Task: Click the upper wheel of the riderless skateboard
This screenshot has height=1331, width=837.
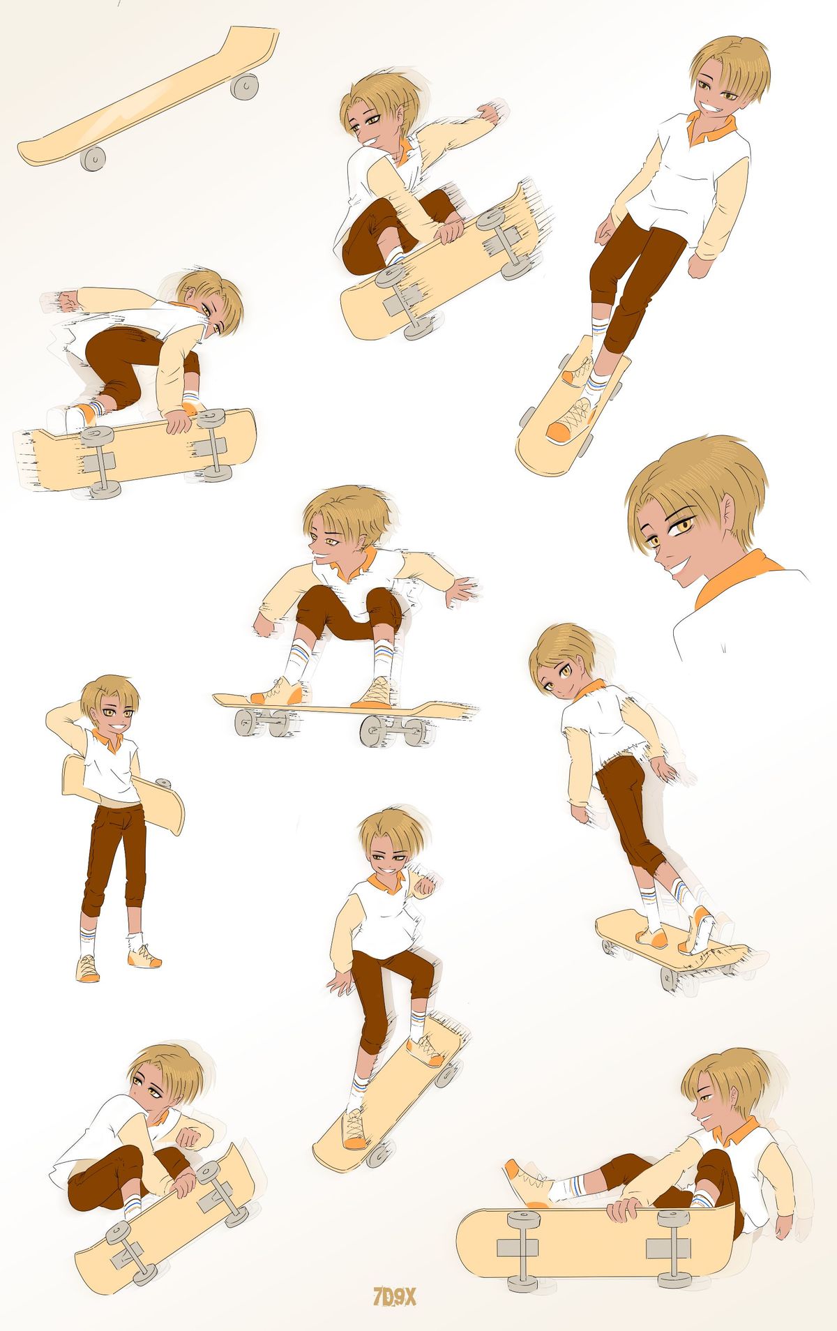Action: [x=245, y=86]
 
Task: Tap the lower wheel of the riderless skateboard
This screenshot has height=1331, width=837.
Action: [x=93, y=158]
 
